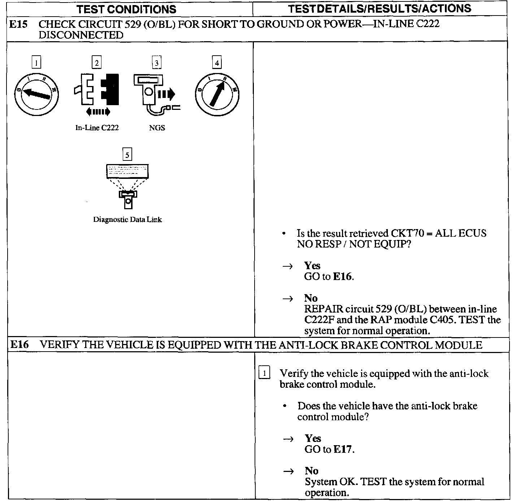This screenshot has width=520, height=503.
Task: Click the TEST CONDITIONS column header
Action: (x=126, y=9)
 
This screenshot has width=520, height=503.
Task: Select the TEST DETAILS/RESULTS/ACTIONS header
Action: (x=380, y=8)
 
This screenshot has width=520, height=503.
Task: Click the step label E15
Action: (x=18, y=25)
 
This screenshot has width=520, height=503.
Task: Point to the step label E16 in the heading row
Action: (x=19, y=345)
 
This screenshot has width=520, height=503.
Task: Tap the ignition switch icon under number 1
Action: (x=36, y=94)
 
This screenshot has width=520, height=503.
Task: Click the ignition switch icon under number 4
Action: (x=217, y=94)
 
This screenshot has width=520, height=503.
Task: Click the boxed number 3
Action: (x=156, y=63)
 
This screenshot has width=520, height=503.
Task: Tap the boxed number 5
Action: (x=127, y=155)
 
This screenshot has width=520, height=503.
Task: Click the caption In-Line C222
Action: (x=97, y=128)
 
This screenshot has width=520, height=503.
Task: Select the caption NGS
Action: (x=157, y=128)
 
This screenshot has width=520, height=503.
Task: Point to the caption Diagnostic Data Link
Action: (x=127, y=219)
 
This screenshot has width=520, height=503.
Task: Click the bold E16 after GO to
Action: (x=342, y=277)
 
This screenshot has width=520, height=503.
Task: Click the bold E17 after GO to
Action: (x=343, y=450)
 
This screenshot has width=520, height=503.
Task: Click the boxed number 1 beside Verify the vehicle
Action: (x=264, y=373)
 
